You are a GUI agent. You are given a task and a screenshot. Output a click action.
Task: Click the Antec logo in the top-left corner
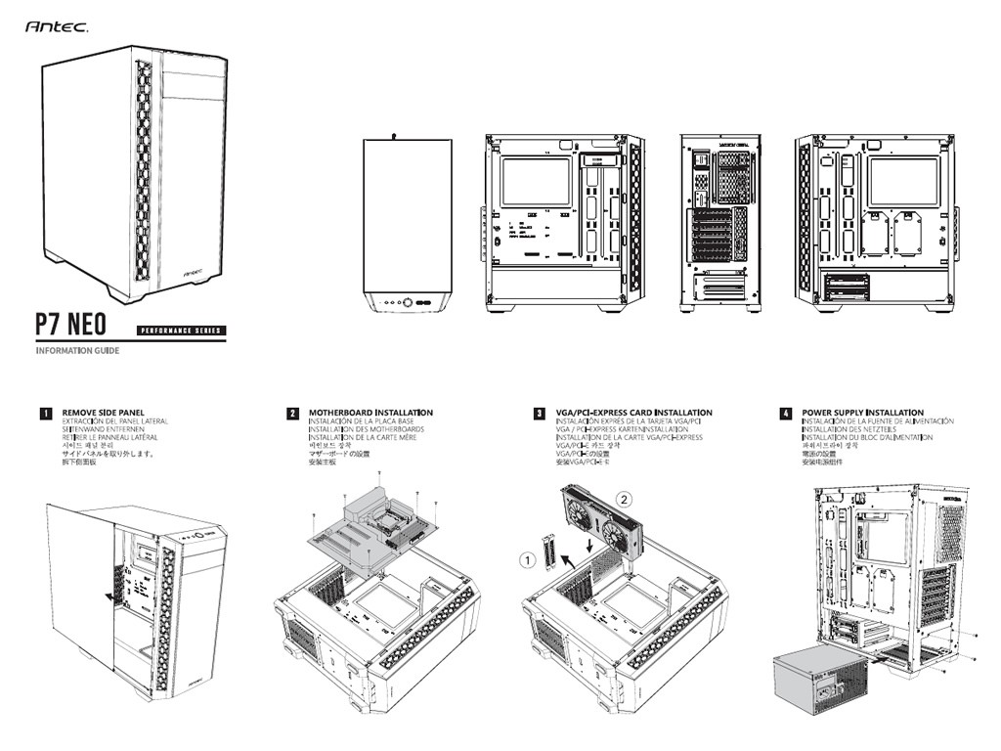[57, 28]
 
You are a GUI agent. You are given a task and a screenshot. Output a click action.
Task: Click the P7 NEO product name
[71, 325]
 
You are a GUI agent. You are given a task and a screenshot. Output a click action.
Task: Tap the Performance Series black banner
[181, 331]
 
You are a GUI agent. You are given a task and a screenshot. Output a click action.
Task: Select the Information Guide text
[77, 351]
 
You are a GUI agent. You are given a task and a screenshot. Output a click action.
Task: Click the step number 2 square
[292, 414]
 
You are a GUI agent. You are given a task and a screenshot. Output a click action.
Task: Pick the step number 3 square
[539, 414]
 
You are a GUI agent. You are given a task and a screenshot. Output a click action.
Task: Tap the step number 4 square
[785, 414]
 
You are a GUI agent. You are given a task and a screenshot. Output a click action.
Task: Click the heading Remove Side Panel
[104, 413]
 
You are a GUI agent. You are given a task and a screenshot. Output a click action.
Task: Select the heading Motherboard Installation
[370, 413]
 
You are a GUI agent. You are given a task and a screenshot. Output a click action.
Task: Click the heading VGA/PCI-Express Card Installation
[633, 413]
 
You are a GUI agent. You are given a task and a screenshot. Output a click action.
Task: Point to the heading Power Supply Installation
[862, 413]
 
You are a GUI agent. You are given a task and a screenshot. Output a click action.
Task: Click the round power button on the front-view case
[408, 302]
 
